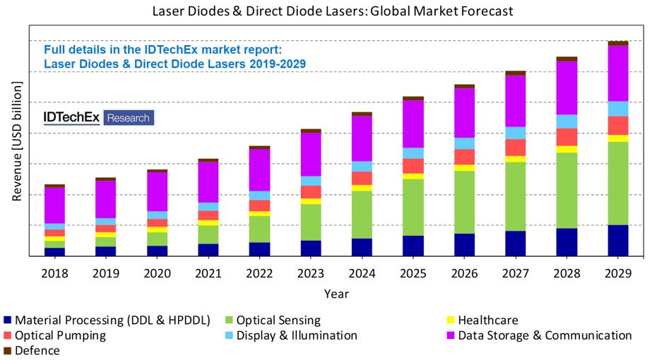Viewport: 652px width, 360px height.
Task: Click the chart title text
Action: pyautogui.click(x=333, y=11)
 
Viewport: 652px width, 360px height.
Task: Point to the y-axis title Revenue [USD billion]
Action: pyautogui.click(x=16, y=141)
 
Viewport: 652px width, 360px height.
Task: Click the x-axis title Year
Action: pyautogui.click(x=336, y=293)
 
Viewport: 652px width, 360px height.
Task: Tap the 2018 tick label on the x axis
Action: pyautogui.click(x=54, y=272)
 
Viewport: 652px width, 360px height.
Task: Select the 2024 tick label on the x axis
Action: pyautogui.click(x=362, y=272)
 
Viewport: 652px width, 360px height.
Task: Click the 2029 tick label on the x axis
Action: pyautogui.click(x=618, y=272)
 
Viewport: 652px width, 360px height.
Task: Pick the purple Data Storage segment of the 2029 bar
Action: pyautogui.click(x=618, y=73)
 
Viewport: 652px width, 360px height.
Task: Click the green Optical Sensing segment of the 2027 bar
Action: pyautogui.click(x=516, y=196)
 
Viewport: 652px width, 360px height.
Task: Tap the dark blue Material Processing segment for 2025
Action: pyautogui.click(x=413, y=245)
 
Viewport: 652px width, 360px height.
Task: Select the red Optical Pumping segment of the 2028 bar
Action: pyautogui.click(x=567, y=137)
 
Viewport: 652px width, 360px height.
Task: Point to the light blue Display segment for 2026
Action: pyautogui.click(x=464, y=143)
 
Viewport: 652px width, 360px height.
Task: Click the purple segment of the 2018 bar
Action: pyautogui.click(x=54, y=205)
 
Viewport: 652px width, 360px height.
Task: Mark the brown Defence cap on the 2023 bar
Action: pyautogui.click(x=311, y=131)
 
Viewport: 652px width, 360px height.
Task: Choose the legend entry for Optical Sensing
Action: pyautogui.click(x=277, y=320)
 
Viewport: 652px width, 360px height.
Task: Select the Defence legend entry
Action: pyautogui.click(x=37, y=350)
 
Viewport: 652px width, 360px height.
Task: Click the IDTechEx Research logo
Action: pyautogui.click(x=98, y=117)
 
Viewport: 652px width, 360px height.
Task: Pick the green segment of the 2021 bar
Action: pyautogui.click(x=208, y=234)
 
